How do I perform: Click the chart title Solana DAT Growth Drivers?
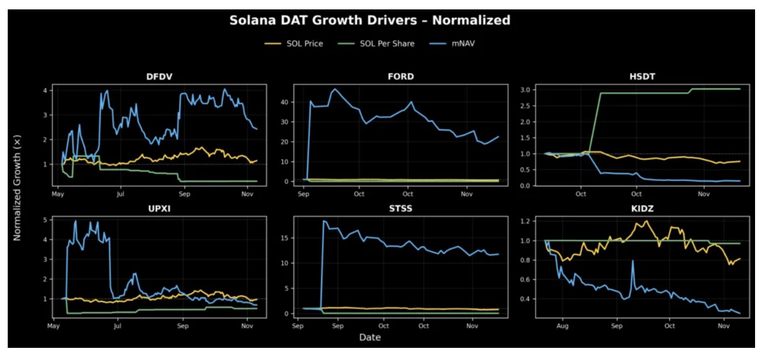click(x=369, y=20)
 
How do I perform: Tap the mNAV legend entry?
click(x=463, y=44)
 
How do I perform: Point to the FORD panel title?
click(x=401, y=76)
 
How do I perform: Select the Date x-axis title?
click(x=369, y=337)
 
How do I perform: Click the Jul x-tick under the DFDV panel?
click(x=120, y=194)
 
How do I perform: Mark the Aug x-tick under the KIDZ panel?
click(x=562, y=326)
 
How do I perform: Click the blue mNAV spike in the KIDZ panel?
click(x=632, y=261)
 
